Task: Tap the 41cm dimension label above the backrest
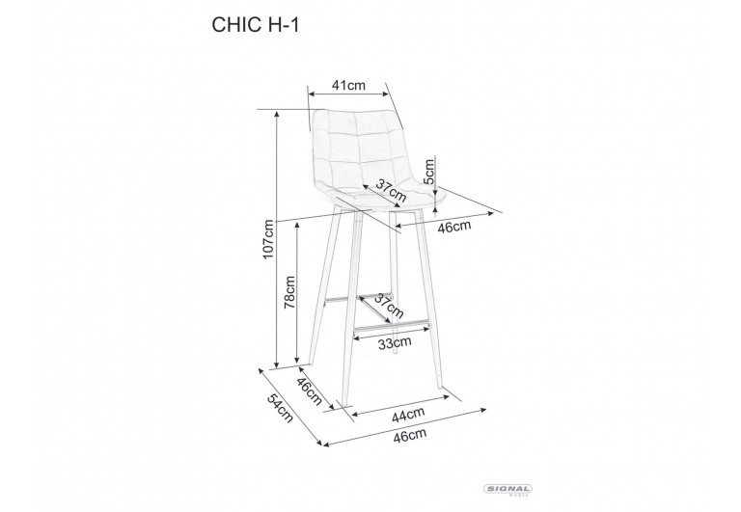(347, 85)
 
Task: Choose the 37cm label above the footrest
(389, 306)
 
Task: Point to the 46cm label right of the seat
(453, 227)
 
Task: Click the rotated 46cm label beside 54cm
(309, 391)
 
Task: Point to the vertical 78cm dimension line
(296, 289)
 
